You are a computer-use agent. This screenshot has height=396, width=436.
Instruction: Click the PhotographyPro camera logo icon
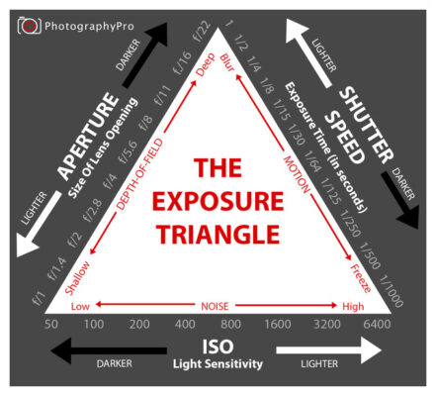point(30,26)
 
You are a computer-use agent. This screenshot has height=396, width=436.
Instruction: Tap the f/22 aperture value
point(202,31)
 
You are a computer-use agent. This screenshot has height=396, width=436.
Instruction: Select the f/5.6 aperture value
point(129,152)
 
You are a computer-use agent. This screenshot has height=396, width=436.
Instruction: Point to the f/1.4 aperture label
point(56,268)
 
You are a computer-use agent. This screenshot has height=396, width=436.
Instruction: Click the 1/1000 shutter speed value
point(391,292)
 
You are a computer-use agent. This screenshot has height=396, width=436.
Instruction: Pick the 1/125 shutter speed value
point(331,191)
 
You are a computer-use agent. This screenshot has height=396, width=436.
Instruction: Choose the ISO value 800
point(230,324)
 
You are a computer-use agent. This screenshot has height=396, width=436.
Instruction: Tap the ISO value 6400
point(377,324)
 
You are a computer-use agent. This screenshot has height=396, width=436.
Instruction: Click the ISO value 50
point(51,324)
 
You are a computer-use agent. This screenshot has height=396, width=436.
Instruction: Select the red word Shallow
point(77,277)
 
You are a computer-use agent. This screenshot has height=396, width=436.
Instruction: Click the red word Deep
point(206,64)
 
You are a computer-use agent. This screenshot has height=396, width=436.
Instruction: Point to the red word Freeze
point(361,278)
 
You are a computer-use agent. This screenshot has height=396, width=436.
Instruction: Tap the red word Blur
point(227,62)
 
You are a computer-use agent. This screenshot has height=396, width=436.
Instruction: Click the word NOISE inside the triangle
point(215,306)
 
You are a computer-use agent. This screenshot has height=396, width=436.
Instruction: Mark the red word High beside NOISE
point(353,306)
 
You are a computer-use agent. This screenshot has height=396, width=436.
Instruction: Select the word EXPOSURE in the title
point(218,202)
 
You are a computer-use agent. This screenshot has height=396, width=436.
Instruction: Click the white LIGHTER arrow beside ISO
point(329,350)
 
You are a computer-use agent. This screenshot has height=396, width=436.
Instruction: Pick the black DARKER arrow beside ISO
point(109,350)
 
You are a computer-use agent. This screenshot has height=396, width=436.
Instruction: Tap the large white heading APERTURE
point(88,137)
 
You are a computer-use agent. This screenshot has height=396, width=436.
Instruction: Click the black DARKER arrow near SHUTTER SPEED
point(400,200)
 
